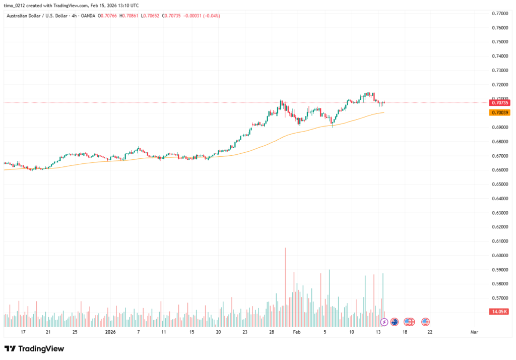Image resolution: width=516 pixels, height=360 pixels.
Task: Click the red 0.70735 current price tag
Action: click(x=499, y=103)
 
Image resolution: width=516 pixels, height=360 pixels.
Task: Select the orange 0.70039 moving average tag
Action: click(x=499, y=113)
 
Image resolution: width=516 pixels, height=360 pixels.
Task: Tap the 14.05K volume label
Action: click(x=499, y=312)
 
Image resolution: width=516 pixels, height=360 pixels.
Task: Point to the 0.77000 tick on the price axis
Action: click(x=499, y=13)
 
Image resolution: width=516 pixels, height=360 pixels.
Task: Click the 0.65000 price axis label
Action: click(x=499, y=185)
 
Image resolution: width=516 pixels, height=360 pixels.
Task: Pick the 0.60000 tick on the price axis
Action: click(x=499, y=256)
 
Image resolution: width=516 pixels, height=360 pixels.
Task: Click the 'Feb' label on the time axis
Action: click(x=296, y=332)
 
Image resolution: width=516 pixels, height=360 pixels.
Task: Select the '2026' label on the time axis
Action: click(x=111, y=332)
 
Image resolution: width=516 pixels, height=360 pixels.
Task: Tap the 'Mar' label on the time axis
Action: click(x=474, y=332)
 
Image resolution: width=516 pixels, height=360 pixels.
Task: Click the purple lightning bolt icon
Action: click(x=384, y=322)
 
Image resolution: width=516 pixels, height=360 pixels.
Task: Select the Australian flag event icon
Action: click(x=395, y=322)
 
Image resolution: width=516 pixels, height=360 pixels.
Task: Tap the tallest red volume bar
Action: click(x=285, y=277)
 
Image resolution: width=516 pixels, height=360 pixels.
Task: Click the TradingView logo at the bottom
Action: click(x=34, y=348)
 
